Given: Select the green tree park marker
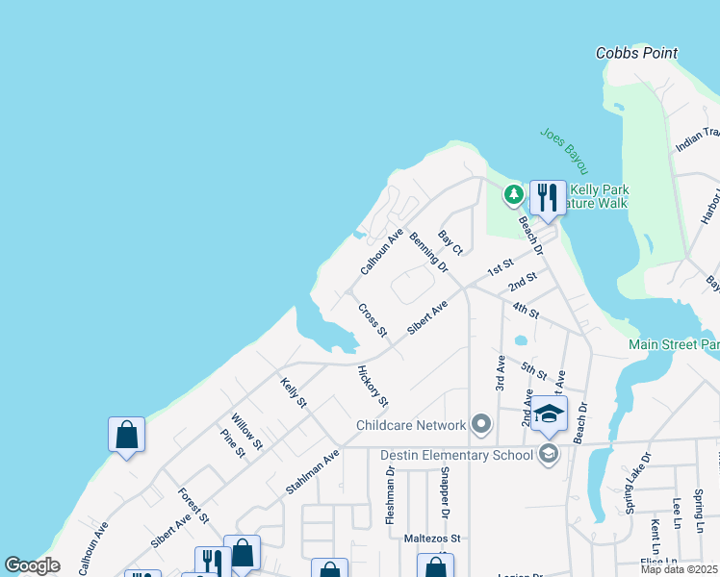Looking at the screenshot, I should pos(514,195).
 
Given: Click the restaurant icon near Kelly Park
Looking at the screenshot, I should pos(548,197).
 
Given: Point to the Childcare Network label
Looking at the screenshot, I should pos(411,425).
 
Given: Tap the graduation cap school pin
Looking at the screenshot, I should pos(549,414).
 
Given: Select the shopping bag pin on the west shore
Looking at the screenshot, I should pos(126,435).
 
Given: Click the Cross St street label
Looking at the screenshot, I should pos(373,320).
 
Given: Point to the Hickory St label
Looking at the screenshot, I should pos(373,386).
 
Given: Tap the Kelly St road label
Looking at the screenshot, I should pos(293,392).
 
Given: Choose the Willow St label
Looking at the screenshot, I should pos(246,429).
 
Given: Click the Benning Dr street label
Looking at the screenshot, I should pos(429,249).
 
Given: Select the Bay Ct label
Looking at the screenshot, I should pos(450,242).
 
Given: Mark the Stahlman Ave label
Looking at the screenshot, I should pos(313,472).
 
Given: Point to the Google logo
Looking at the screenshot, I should pos(32,565).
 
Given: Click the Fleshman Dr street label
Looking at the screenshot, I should pos(390,495).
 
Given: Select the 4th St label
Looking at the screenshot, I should pos(526,310).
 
